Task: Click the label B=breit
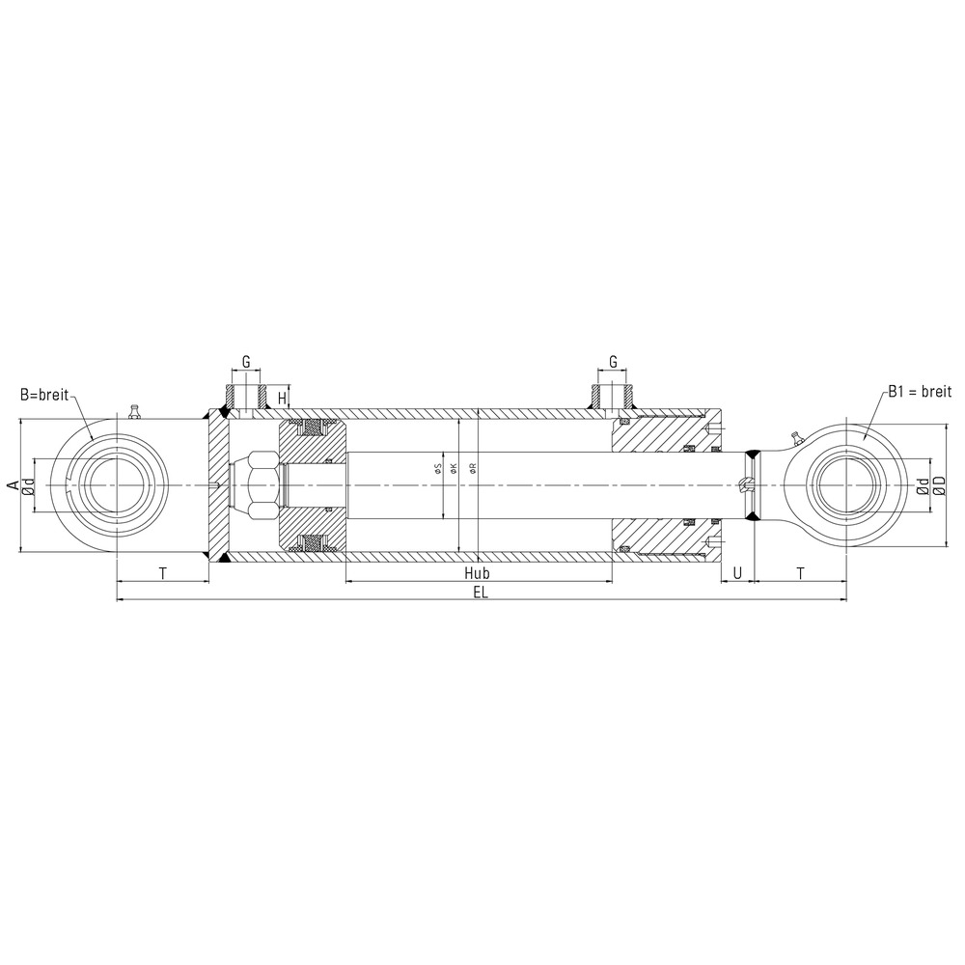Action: [x=44, y=395]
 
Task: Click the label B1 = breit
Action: [x=920, y=392]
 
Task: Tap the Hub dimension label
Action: [x=477, y=573]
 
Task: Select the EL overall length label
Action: [x=481, y=593]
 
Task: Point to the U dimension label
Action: [x=737, y=573]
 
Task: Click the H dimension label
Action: [x=282, y=399]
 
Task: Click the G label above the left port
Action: [x=245, y=362]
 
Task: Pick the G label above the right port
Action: [x=613, y=362]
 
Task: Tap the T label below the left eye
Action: [x=162, y=573]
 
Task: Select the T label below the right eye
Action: [x=800, y=573]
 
